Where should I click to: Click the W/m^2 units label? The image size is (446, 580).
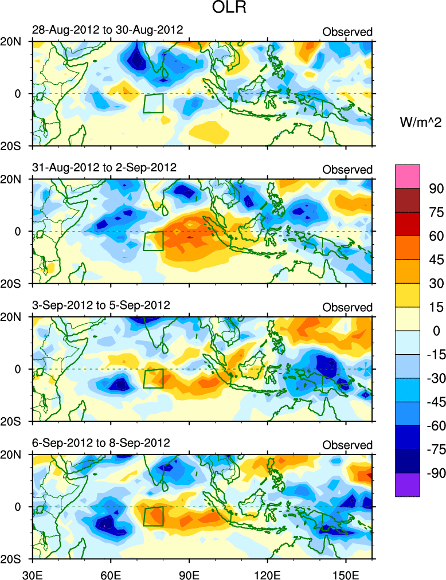pos(420,122)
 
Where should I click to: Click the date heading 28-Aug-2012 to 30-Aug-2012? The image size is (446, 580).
pos(108,30)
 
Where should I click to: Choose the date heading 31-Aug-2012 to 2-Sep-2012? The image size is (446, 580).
pos(104,167)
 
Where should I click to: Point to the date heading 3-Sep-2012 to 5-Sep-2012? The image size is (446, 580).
pos(101,305)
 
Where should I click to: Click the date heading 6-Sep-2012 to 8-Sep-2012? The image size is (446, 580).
pos(101,443)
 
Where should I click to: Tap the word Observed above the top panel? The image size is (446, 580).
pos(347,32)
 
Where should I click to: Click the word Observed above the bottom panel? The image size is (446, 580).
pos(347,445)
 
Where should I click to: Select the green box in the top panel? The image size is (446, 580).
pos(154,103)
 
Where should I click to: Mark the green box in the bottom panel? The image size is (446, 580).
pos(154,516)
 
